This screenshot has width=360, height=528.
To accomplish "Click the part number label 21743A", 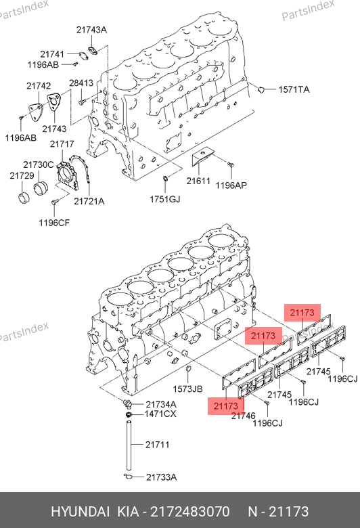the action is [x=91, y=30].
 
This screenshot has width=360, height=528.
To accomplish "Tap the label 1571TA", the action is [x=294, y=89].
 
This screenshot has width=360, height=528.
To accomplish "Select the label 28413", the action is [x=81, y=83].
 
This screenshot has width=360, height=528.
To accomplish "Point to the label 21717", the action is [x=62, y=144].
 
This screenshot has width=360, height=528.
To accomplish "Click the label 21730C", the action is [x=39, y=165].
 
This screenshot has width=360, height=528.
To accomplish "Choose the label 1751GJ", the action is [x=165, y=199].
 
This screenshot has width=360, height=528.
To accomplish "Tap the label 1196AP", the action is [x=231, y=185].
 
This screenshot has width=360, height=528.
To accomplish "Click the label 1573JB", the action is [x=188, y=389].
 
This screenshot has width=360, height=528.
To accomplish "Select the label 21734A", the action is [x=161, y=404].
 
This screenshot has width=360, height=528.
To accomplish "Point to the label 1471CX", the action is [x=160, y=414].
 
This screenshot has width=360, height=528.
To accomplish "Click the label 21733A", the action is [x=161, y=477].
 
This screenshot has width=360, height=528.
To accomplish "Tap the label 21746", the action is [x=244, y=416].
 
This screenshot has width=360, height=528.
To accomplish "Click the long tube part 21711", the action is [x=129, y=444].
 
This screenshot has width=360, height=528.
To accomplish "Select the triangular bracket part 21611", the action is [x=202, y=156].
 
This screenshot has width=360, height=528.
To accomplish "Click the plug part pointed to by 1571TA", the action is [x=261, y=89].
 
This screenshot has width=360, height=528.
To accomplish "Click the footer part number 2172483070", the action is [x=190, y=512].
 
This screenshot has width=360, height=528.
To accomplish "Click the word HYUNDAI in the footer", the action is [x=80, y=512].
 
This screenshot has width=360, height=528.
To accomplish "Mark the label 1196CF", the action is [x=54, y=223].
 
